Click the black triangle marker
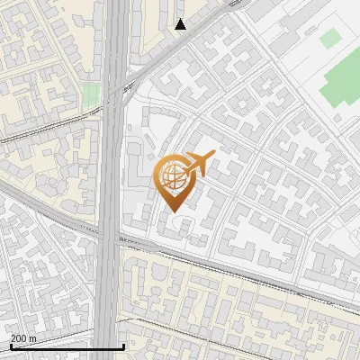181,24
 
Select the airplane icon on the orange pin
199,162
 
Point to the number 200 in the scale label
19,338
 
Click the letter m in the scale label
33,338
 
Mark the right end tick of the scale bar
123,346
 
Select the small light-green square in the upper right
331,38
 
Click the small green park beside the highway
91,94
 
